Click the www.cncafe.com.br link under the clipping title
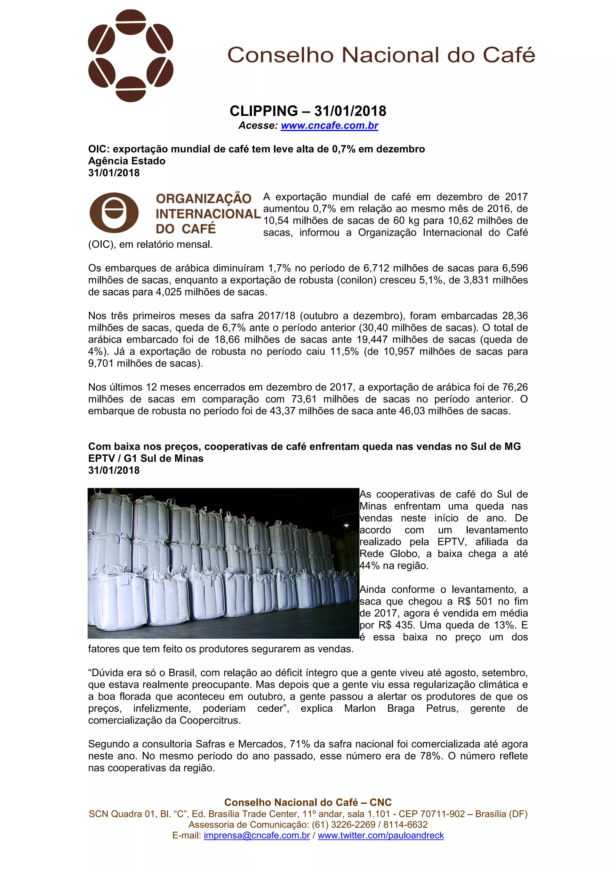pyautogui.click(x=329, y=125)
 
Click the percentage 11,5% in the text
pyautogui.click(x=344, y=351)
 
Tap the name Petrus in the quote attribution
pyautogui.click(x=442, y=708)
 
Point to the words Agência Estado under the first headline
pyautogui.click(x=127, y=161)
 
